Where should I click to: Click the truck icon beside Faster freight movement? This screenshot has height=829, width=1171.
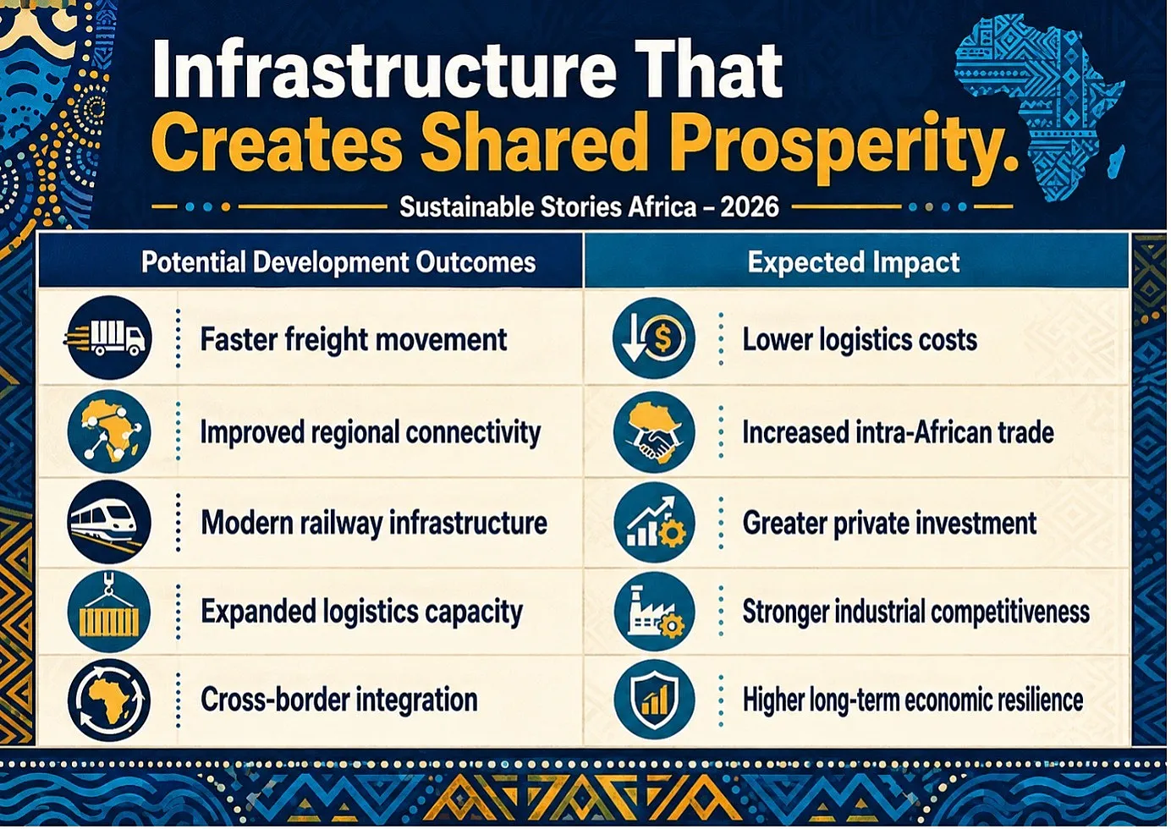[109, 338]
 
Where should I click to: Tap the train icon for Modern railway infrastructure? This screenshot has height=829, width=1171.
[109, 522]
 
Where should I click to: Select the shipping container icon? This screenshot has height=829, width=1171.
[109, 612]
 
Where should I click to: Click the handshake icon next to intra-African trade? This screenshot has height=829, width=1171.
[655, 432]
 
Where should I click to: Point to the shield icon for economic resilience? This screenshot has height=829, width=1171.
[655, 700]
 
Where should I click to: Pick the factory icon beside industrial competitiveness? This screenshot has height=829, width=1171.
[655, 612]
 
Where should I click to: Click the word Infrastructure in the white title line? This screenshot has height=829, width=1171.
[383, 70]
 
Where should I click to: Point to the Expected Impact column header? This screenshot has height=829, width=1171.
[853, 261]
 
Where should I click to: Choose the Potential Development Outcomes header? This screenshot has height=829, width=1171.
[338, 262]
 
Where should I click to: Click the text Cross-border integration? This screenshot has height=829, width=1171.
[338, 700]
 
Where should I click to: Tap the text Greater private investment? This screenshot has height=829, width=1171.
[889, 524]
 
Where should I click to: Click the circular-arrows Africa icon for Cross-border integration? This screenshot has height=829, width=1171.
[109, 700]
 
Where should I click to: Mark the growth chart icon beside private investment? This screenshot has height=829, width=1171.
[655, 522]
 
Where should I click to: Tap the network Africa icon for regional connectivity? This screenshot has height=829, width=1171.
[109, 431]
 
